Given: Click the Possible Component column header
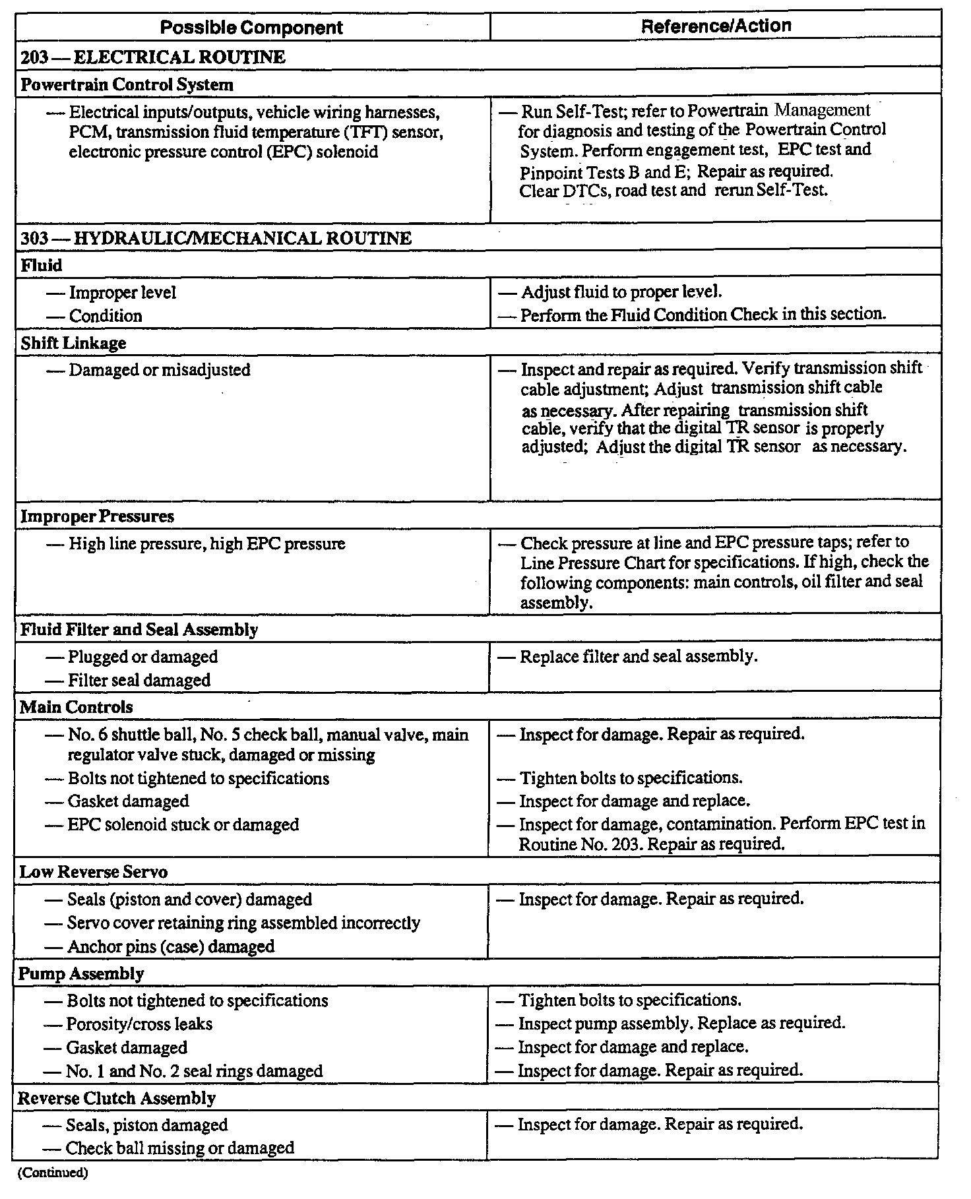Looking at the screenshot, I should point(251,27).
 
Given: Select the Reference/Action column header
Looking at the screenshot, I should point(716,26).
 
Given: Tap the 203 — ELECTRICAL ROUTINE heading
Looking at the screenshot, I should point(153,57).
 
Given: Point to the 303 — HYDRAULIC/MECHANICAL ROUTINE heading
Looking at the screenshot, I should point(216,238).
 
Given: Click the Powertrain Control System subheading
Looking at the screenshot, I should point(127,84).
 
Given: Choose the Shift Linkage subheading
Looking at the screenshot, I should point(73,343).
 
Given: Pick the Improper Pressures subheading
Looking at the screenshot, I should point(97,516).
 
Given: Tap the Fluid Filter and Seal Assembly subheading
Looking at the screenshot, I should point(139,629).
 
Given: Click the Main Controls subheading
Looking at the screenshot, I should point(76,707).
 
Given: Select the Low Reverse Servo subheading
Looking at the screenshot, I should point(94,871).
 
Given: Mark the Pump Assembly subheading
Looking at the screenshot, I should point(81,973).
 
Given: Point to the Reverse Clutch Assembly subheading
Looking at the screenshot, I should point(117,1098).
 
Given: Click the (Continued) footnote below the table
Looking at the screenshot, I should point(52,1173).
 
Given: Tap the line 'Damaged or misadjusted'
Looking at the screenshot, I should point(159,370).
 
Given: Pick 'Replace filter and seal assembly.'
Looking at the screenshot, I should point(638,656).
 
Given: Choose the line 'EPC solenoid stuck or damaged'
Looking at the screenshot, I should point(183,824).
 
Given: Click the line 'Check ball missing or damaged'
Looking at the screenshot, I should point(179,1148).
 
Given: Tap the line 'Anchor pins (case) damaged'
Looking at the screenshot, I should point(170,946).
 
